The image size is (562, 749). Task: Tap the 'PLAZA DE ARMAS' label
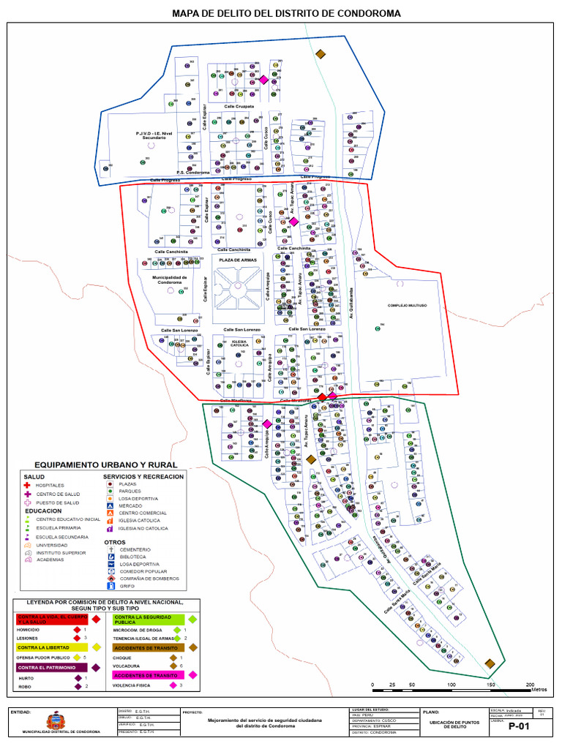(236, 258)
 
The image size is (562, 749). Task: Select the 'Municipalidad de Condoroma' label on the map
(170, 280)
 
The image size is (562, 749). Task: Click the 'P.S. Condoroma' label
(193, 173)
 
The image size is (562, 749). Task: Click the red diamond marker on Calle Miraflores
(321, 396)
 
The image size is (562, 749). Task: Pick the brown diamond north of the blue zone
(320, 53)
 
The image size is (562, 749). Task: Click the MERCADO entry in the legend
(131, 505)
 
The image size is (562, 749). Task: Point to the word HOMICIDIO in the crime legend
(29, 629)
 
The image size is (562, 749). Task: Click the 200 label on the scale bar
(529, 683)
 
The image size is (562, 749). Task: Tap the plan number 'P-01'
(518, 726)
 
